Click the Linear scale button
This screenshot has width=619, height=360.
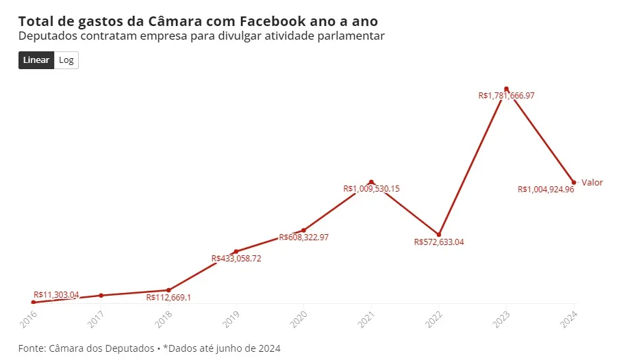coord(36,60)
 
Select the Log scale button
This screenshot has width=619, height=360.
coord(66,60)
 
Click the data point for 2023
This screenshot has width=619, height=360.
coord(507,89)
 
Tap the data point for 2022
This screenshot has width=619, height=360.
coord(439,234)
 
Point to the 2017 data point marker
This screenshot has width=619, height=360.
coord(101,295)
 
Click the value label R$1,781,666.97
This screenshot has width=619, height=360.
coord(506,97)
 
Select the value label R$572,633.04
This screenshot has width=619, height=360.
coord(439,242)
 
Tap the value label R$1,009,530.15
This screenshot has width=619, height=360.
coord(371,188)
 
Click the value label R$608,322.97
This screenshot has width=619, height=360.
coord(303,237)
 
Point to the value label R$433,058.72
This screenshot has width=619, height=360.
coord(236,259)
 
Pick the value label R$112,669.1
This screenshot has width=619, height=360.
coord(168,298)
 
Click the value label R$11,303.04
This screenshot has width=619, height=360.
coord(56,295)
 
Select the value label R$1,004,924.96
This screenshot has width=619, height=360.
coord(546,190)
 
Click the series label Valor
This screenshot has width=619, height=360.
coord(592,182)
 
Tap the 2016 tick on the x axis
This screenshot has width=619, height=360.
coord(29,316)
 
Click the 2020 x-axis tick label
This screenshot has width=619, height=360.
coord(299,316)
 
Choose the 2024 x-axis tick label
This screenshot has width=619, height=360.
coord(570,316)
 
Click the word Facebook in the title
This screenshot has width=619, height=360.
coord(270,21)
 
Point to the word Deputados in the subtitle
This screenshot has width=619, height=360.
coord(47,36)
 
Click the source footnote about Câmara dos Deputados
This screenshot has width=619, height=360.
coord(149,348)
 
